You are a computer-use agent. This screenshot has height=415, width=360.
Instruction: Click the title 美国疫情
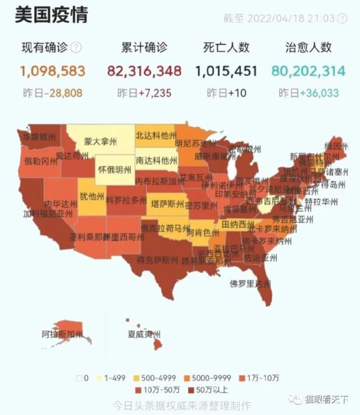point(51,15)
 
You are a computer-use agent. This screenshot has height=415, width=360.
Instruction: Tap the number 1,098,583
point(52,71)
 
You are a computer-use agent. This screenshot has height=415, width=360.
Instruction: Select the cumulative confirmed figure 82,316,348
point(144,71)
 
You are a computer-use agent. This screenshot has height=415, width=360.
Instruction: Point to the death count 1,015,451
point(226,71)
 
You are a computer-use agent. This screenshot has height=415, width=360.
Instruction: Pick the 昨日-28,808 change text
point(52,93)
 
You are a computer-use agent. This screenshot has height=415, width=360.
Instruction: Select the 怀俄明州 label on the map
point(115,168)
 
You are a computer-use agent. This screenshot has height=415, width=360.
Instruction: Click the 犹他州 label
point(91,196)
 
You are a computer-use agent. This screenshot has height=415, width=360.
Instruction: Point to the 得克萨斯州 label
point(159,260)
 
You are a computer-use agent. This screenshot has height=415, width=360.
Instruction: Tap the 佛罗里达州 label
point(250,284)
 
